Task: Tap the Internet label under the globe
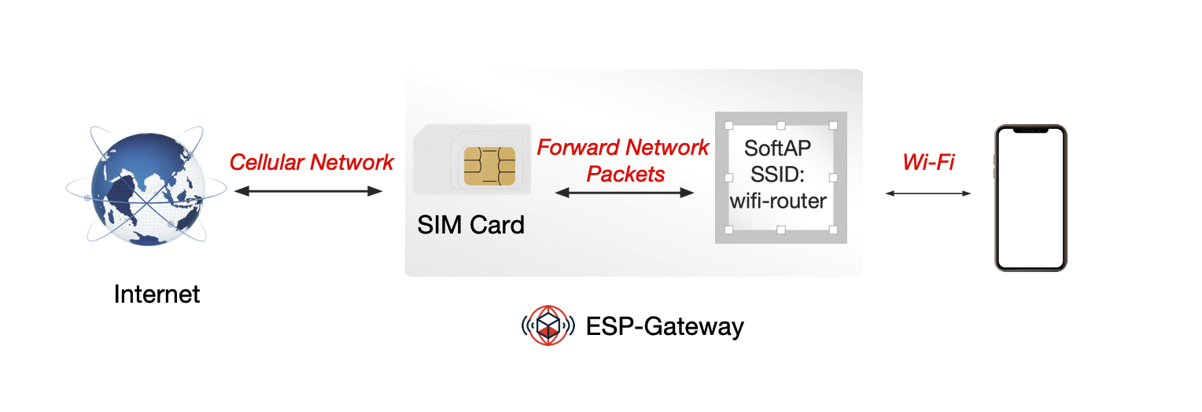[x=157, y=294]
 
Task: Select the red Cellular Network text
[x=312, y=163]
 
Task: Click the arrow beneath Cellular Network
[x=308, y=190]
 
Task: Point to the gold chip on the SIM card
[x=489, y=166]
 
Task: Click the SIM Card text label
[x=470, y=226]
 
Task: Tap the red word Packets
[x=625, y=174]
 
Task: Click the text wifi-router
[x=778, y=201]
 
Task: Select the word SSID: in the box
[x=778, y=175]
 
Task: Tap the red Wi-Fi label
[x=928, y=163]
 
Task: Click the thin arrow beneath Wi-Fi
[x=928, y=193]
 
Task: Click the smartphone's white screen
[x=1031, y=200]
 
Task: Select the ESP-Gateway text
[x=665, y=326]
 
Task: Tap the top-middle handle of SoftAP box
[x=781, y=125]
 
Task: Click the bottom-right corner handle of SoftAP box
[x=834, y=230]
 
